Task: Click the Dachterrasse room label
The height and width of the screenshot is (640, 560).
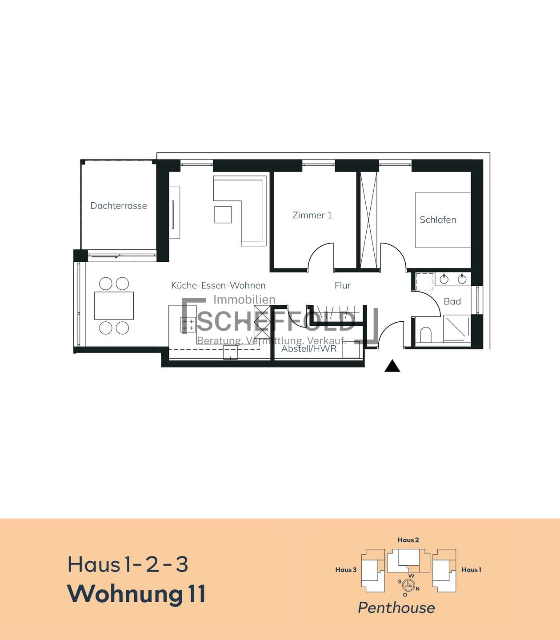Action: pyautogui.click(x=119, y=205)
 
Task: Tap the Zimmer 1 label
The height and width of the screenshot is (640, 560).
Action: pyautogui.click(x=312, y=215)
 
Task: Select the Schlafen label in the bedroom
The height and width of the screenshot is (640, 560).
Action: pyautogui.click(x=438, y=220)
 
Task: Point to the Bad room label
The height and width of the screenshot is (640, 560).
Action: pyautogui.click(x=452, y=301)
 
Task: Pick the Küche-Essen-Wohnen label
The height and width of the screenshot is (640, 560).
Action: pyautogui.click(x=218, y=285)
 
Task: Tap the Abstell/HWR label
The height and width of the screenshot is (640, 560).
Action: pyautogui.click(x=309, y=348)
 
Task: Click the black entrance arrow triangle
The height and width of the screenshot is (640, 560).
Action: pyautogui.click(x=392, y=366)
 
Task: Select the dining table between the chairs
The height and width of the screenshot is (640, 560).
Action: pyautogui.click(x=114, y=306)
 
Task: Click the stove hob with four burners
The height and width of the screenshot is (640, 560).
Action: pyautogui.click(x=188, y=324)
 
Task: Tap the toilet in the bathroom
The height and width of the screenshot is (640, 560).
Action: pyautogui.click(x=425, y=335)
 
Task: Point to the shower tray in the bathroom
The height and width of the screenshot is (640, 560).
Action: pyautogui.click(x=456, y=328)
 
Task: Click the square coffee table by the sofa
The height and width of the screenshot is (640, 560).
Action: pyautogui.click(x=223, y=215)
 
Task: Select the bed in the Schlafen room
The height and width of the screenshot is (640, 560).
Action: pyautogui.click(x=443, y=220)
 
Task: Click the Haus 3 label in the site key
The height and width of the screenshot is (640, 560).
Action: pyautogui.click(x=346, y=570)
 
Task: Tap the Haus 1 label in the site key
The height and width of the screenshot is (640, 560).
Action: pyautogui.click(x=471, y=570)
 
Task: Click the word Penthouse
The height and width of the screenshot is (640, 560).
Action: pyautogui.click(x=396, y=608)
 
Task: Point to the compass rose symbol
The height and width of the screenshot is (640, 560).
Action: pyautogui.click(x=408, y=584)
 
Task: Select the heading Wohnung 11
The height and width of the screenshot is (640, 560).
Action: pyautogui.click(x=136, y=593)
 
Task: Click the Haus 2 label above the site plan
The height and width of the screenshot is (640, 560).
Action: pyautogui.click(x=408, y=540)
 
